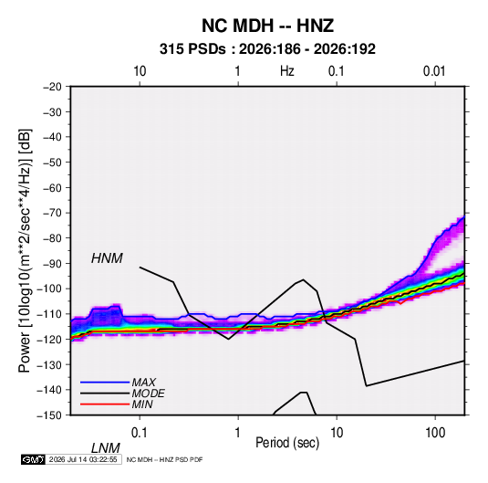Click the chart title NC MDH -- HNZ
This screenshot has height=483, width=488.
(267, 26)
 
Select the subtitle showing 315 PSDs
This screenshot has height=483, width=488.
(267, 49)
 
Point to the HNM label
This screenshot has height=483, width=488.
(107, 258)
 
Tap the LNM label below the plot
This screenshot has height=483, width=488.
(105, 448)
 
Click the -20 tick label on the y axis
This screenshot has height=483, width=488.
(52, 87)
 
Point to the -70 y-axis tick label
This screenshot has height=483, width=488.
(52, 213)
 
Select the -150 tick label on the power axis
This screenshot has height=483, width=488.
(49, 415)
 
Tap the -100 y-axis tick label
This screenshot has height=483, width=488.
(49, 289)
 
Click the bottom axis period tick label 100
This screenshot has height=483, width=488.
(435, 433)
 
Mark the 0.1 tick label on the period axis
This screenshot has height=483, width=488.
(140, 433)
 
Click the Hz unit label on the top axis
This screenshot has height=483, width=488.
(287, 71)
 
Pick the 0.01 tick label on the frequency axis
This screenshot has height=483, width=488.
(434, 71)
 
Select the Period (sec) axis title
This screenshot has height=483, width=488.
(287, 443)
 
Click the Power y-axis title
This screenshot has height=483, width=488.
(25, 251)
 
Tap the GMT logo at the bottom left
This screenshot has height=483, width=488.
(34, 459)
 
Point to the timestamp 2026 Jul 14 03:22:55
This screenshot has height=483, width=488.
(83, 459)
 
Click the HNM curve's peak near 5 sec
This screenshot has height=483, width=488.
(303, 279)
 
